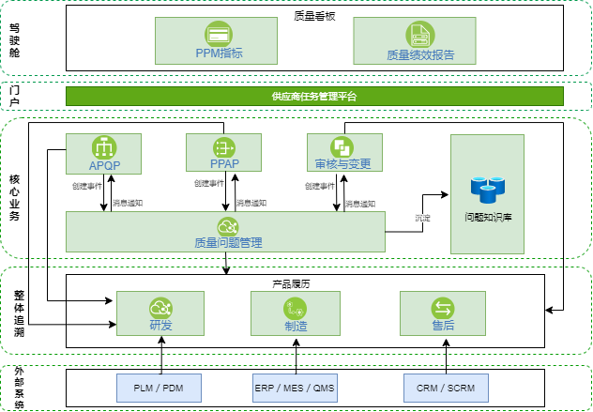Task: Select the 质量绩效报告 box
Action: [420, 42]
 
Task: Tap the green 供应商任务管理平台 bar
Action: [314, 96]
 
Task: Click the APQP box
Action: [102, 153]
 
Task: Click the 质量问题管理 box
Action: [226, 231]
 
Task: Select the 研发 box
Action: [160, 313]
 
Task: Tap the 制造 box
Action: [296, 313]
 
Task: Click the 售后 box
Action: [442, 313]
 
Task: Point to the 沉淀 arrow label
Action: [423, 218]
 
